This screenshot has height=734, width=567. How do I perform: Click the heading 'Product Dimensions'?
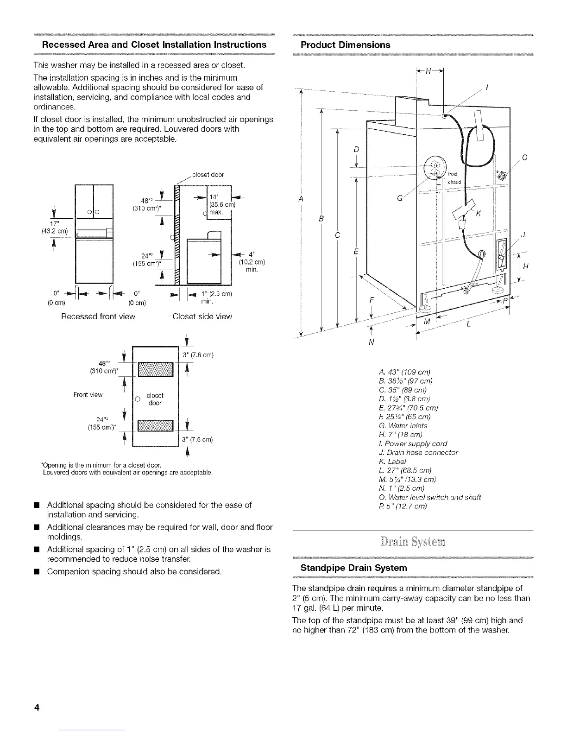(345, 45)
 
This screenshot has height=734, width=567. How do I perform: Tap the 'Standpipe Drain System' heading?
(354, 568)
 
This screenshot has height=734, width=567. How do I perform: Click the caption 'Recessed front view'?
(98, 316)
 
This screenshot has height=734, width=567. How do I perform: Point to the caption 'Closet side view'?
(202, 316)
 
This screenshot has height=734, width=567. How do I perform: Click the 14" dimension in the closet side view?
(215, 197)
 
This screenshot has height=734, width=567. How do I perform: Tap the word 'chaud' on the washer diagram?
(454, 182)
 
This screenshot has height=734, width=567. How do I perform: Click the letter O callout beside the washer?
(524, 158)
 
